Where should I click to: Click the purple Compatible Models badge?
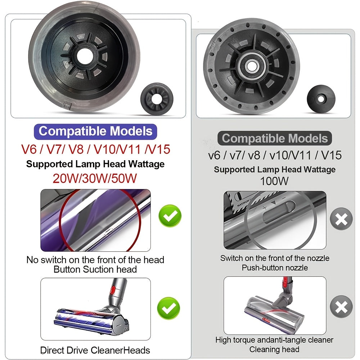(x=95, y=131)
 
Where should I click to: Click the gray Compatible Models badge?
(x=275, y=139)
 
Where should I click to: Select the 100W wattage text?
(x=274, y=181)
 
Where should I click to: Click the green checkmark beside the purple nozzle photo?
(x=170, y=216)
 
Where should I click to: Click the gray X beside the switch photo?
(x=341, y=219)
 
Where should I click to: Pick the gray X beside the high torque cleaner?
(x=341, y=307)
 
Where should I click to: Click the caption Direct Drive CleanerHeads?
(x=95, y=350)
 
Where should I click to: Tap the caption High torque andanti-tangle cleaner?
(x=274, y=340)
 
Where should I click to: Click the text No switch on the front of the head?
(x=95, y=260)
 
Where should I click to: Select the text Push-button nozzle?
(x=274, y=268)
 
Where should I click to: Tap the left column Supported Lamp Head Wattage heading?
(x=95, y=164)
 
